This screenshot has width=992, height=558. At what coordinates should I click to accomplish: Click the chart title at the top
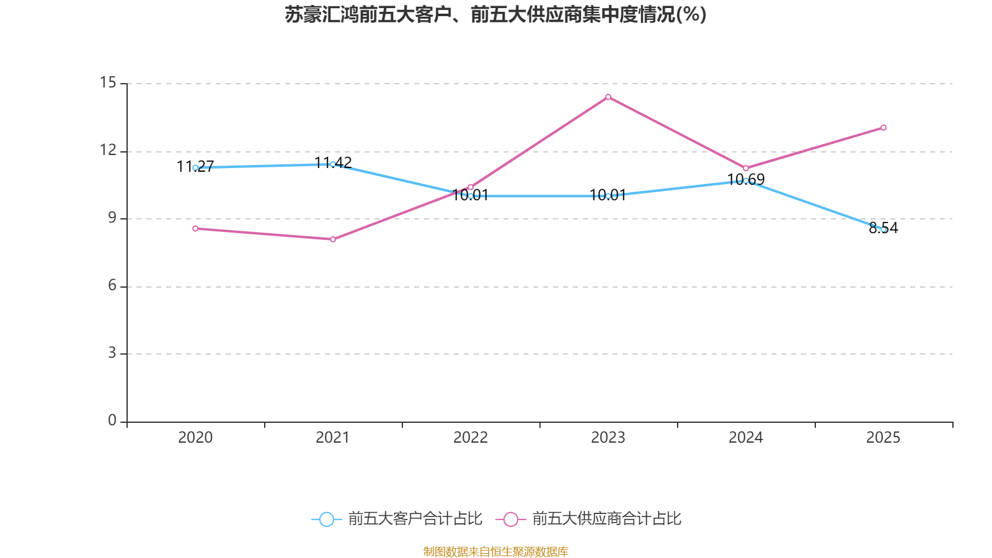(495, 14)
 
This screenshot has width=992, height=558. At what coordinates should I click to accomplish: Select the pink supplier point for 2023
(608, 97)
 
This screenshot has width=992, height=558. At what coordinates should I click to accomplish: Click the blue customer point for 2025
(883, 229)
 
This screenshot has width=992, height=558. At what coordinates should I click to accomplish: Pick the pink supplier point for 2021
(333, 239)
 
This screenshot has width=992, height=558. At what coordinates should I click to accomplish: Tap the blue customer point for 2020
(195, 167)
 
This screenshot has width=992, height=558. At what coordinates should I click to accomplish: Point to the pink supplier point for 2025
(883, 128)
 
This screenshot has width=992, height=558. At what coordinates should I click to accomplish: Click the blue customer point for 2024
(746, 180)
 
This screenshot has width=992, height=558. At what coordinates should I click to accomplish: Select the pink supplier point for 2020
(195, 229)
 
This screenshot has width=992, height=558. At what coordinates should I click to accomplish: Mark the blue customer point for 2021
(333, 164)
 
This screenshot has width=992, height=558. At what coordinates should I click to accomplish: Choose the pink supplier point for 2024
(746, 168)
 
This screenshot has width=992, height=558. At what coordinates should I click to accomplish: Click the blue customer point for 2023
(608, 196)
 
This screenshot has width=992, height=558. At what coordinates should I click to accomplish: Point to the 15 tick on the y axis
(108, 82)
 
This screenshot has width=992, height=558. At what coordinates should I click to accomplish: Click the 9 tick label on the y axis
(112, 218)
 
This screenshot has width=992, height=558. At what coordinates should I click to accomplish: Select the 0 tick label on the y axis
(112, 420)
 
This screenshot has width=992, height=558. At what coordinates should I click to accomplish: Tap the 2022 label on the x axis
(471, 438)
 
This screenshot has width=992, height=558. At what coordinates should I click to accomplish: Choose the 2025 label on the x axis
(883, 438)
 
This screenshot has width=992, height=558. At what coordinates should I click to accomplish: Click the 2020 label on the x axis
(195, 438)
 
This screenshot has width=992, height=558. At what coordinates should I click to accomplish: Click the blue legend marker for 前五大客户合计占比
(326, 519)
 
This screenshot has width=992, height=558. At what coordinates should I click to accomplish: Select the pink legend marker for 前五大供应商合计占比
(510, 519)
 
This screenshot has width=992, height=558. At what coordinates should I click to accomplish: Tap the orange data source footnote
(495, 551)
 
